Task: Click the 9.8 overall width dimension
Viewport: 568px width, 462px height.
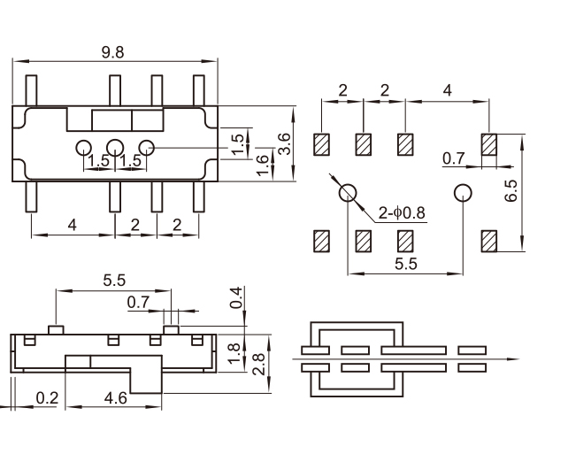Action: [112, 52]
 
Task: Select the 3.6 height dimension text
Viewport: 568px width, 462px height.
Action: [283, 143]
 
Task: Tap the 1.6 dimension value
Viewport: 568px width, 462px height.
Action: [263, 165]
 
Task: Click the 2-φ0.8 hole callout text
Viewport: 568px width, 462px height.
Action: [403, 212]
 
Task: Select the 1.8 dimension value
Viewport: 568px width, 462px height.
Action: [234, 353]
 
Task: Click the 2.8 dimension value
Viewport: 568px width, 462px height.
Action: [257, 363]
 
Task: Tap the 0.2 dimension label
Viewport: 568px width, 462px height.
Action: [47, 399]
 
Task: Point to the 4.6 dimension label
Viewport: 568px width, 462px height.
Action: [115, 399]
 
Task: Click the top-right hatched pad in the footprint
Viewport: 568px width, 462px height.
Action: [489, 143]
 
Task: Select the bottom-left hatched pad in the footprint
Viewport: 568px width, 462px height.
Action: [321, 240]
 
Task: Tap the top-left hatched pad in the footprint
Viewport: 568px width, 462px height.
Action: [321, 143]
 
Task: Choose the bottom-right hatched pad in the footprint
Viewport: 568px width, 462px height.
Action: [489, 240]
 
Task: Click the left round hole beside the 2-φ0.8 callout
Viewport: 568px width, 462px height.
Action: [347, 192]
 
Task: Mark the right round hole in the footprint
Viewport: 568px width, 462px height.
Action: [462, 192]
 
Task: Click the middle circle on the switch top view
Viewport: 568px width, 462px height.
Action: [115, 149]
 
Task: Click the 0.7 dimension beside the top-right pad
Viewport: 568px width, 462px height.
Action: [454, 158]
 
